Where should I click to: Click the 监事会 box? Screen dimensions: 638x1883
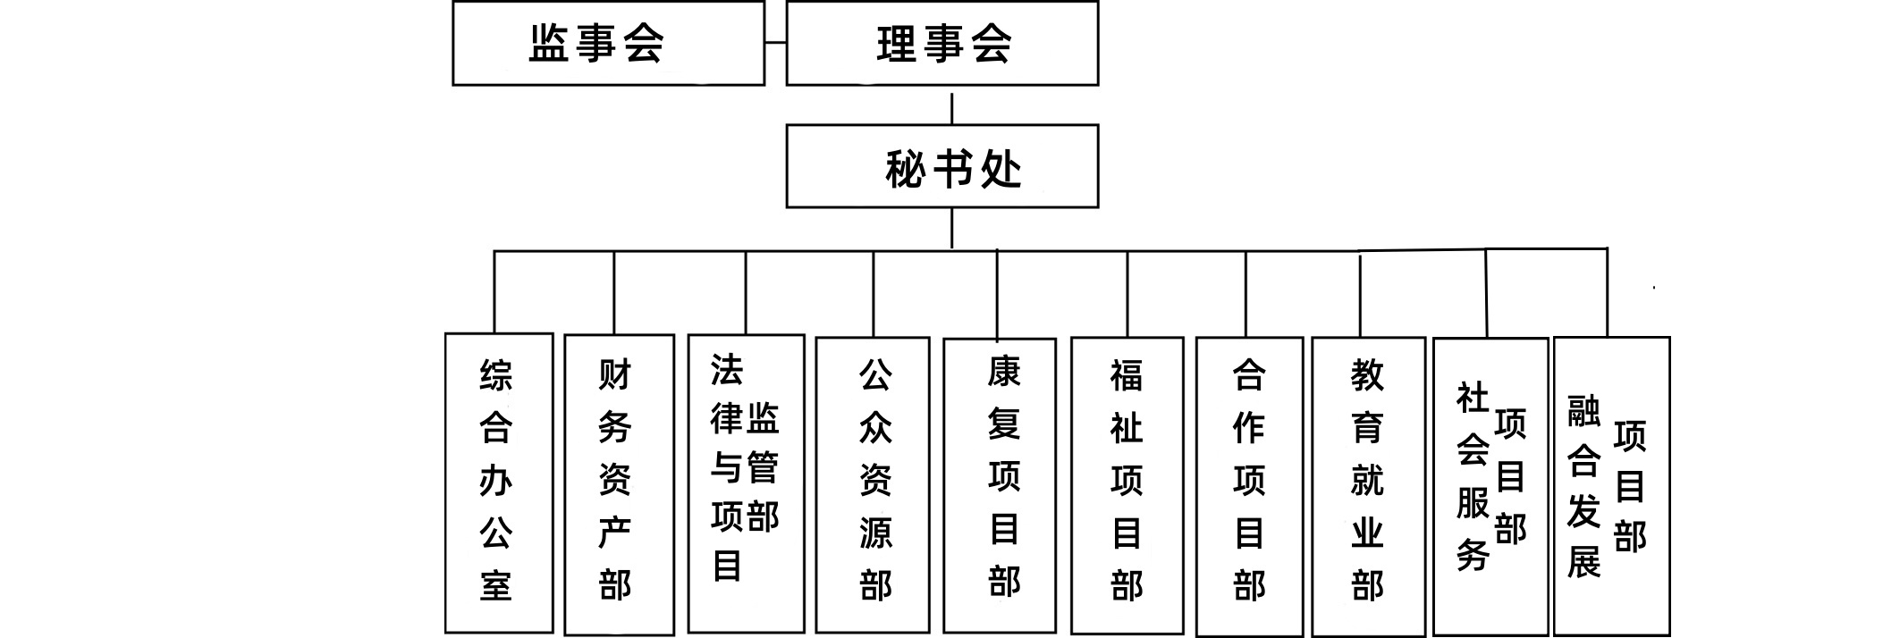[x=608, y=44]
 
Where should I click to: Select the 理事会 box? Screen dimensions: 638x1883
[x=941, y=44]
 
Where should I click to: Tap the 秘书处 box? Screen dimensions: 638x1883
[x=941, y=167]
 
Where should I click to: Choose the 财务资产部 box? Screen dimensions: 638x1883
[x=619, y=483]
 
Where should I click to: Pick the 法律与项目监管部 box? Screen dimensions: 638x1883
[x=746, y=483]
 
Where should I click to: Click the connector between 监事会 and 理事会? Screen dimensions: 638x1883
[x=775, y=43]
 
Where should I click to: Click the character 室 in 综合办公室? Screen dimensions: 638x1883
[x=496, y=585]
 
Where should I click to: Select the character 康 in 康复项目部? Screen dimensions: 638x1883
[x=1003, y=371]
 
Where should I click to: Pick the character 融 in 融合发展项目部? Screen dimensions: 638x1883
[x=1583, y=410]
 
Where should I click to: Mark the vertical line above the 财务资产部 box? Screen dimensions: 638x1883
[x=614, y=292]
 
